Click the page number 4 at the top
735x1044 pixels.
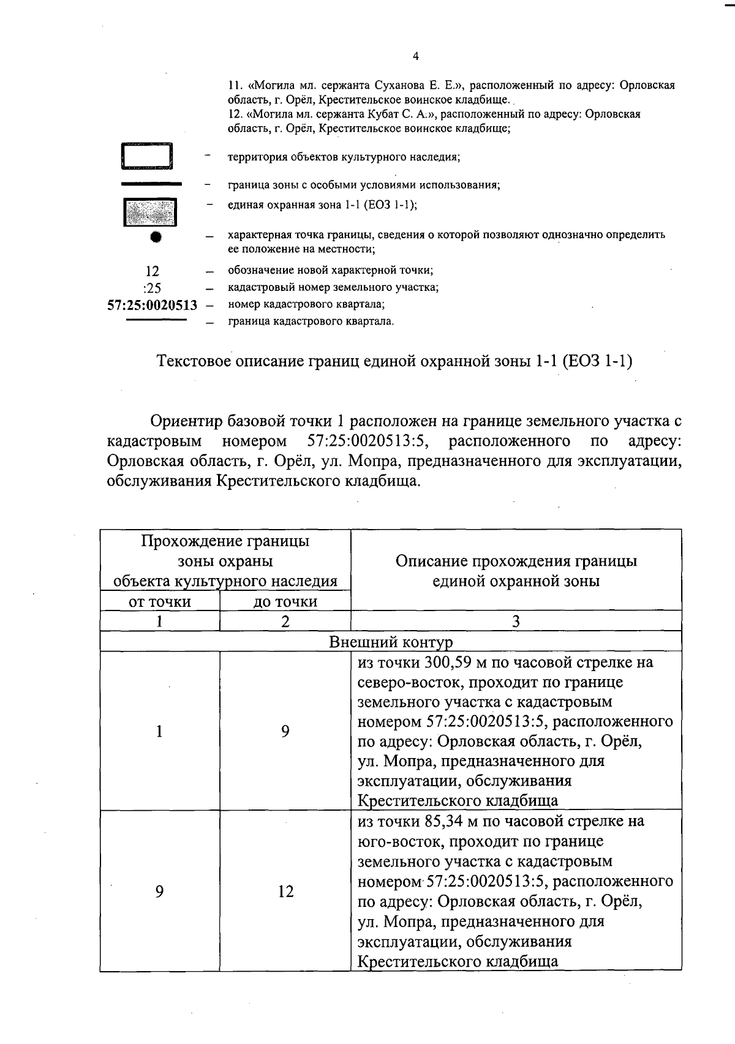tap(416, 56)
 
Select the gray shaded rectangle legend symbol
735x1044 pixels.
tap(149, 213)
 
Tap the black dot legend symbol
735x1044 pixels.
tap(156, 237)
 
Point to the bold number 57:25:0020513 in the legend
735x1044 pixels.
tap(152, 305)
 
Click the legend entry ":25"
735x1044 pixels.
tap(151, 288)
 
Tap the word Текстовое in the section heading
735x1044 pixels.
tap(193, 361)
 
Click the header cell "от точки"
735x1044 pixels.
tap(159, 602)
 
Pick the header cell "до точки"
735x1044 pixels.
tap(285, 602)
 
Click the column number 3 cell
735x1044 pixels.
tap(516, 622)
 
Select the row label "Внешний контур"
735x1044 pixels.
tap(391, 642)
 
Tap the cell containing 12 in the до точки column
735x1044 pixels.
tap(285, 892)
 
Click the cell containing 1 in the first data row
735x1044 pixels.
tap(159, 731)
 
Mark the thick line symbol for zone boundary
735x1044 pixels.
tap(151, 184)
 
